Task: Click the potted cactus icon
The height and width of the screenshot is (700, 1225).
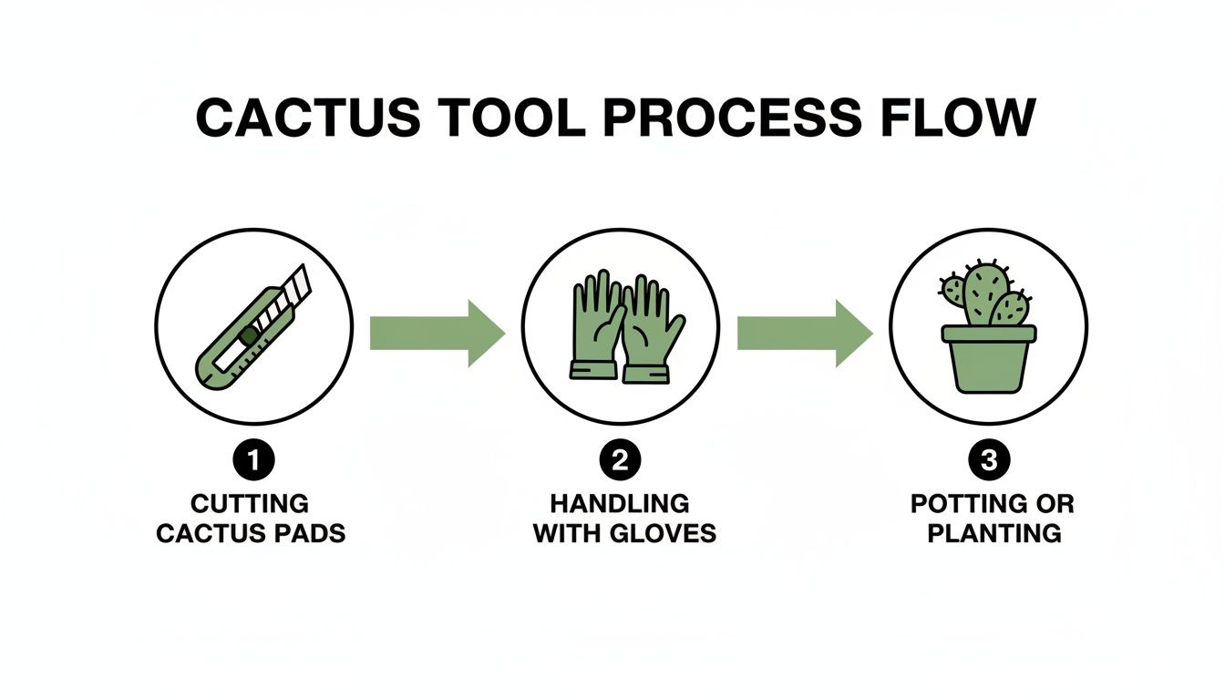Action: [x=988, y=325]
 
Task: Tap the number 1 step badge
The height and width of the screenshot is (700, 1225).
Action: [x=253, y=461]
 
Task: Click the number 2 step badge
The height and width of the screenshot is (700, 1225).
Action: [x=620, y=461]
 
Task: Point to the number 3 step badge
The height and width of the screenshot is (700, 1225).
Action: [x=988, y=461]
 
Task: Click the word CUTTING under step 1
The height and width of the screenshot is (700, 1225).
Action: [x=250, y=504]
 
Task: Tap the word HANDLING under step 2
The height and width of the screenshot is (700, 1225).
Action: [x=620, y=504]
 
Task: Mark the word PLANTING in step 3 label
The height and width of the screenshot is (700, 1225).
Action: [x=994, y=533]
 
